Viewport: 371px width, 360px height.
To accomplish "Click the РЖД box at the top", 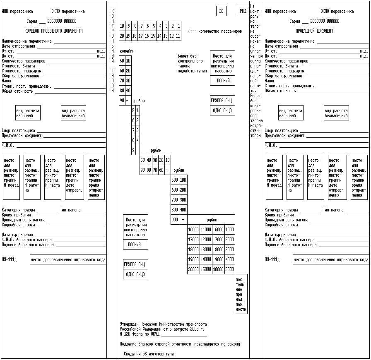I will pyautogui.click(x=242, y=11).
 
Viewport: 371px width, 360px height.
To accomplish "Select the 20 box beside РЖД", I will pyautogui.click(x=222, y=11).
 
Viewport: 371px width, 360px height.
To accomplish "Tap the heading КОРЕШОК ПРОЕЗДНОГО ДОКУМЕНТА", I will pyautogui.click(x=53, y=31).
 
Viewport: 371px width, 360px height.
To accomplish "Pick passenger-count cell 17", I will pyautogui.click(x=141, y=36).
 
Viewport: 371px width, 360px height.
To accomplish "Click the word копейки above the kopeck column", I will pyautogui.click(x=127, y=51).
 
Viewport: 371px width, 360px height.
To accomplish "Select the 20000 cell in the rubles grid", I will pyautogui.click(x=193, y=269).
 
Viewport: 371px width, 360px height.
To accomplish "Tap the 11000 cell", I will pyautogui.click(x=206, y=230).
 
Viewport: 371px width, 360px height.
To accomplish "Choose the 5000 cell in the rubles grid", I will pyautogui.click(x=230, y=269).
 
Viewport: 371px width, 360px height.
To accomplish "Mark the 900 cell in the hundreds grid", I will pyautogui.click(x=175, y=220).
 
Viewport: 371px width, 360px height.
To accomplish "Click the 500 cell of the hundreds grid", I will pyautogui.click(x=175, y=180).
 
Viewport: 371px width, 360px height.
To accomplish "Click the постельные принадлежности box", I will pyautogui.click(x=241, y=294).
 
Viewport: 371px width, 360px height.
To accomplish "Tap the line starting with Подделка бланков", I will pyautogui.click(x=180, y=344).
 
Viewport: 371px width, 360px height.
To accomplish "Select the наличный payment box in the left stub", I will pyautogui.click(x=28, y=113).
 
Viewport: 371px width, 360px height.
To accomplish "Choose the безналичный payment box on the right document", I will pyautogui.click(x=336, y=113).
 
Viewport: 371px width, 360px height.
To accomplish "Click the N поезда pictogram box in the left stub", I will pyautogui.click(x=11, y=178).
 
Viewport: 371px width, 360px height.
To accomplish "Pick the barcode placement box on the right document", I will pyautogui.click(x=330, y=260).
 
